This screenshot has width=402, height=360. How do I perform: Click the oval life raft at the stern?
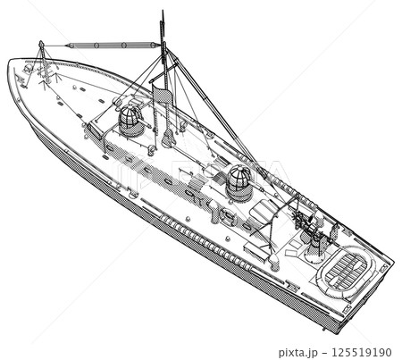[347, 271]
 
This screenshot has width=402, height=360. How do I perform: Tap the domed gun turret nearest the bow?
[130, 121]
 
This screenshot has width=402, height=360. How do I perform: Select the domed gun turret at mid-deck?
[239, 183]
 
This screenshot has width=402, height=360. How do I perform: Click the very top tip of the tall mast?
[163, 11]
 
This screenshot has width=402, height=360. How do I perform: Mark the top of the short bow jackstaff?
[41, 43]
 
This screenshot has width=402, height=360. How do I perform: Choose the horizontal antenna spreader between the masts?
[113, 46]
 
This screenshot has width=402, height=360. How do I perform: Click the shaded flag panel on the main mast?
[163, 95]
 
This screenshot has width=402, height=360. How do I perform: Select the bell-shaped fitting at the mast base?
[168, 138]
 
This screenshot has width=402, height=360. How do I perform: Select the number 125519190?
[362, 352]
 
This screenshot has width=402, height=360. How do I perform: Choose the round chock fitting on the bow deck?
[28, 69]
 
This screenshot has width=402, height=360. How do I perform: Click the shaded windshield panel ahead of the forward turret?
[95, 130]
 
